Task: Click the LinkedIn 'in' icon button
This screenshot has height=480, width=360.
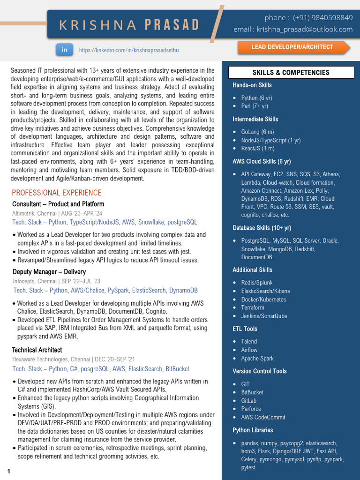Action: pyautogui.click(x=65, y=49)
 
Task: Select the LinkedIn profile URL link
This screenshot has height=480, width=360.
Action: pyautogui.click(x=129, y=50)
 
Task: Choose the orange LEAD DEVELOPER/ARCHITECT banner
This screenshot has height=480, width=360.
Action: pyautogui.click(x=292, y=47)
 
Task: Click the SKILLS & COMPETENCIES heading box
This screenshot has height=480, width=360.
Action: pyautogui.click(x=291, y=73)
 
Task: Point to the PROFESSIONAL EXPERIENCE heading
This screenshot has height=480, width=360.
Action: pyautogui.click(x=57, y=193)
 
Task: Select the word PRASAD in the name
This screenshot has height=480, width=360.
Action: pyautogui.click(x=172, y=25)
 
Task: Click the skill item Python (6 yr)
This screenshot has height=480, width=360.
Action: pyautogui.click(x=256, y=98)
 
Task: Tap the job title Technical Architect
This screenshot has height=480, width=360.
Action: pyautogui.click(x=37, y=350)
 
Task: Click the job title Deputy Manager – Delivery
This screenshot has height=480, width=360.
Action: pyautogui.click(x=49, y=272)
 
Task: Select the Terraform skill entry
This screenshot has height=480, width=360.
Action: pyautogui.click(x=253, y=307)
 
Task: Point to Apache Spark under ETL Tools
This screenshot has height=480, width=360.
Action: pyautogui.click(x=257, y=358)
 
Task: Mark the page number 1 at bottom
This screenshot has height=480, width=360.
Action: pyautogui.click(x=8, y=471)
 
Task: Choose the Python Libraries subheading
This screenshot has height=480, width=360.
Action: pyautogui.click(x=253, y=430)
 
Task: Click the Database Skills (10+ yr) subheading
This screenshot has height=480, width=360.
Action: pyautogui.click(x=262, y=228)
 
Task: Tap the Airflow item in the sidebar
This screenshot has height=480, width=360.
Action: pyautogui.click(x=249, y=350)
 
